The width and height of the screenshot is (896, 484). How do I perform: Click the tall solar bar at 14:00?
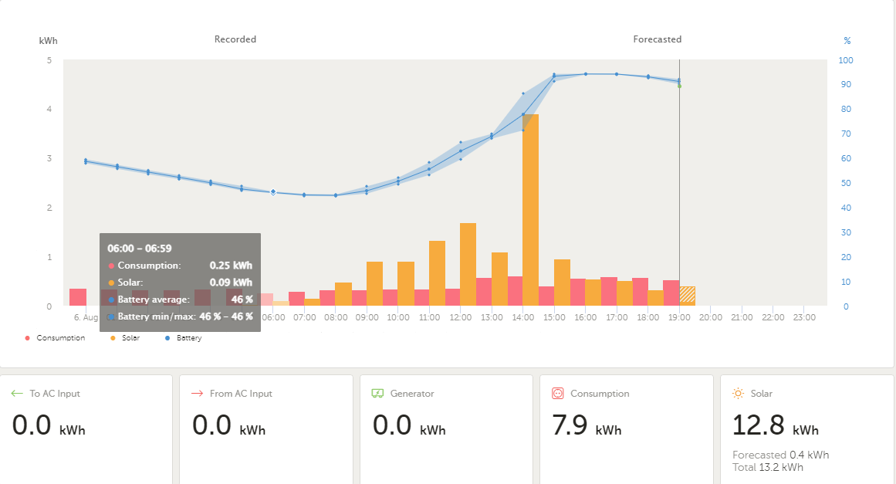[530, 210]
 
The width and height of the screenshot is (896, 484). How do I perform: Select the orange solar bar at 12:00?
[468, 264]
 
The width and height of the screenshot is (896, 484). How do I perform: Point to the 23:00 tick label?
[804, 317]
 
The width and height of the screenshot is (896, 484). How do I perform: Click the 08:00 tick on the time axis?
[336, 317]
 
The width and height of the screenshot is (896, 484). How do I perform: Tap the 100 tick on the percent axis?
[846, 60]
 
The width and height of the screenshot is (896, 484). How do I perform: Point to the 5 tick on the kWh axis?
[49, 60]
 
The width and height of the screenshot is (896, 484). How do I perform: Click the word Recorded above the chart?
[235, 39]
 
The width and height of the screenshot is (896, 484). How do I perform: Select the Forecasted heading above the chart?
[657, 39]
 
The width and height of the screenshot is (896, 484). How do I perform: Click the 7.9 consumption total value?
[570, 425]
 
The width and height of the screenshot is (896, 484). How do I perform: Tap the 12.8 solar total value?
[759, 425]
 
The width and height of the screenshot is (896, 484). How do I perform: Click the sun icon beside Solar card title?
[739, 393]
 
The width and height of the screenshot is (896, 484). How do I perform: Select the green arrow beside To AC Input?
[17, 393]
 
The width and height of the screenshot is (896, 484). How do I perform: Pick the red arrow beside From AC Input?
[197, 393]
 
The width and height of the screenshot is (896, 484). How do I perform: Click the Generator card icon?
[377, 393]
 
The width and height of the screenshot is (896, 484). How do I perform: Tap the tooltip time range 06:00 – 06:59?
[140, 249]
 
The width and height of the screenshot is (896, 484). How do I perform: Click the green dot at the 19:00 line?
[679, 86]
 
